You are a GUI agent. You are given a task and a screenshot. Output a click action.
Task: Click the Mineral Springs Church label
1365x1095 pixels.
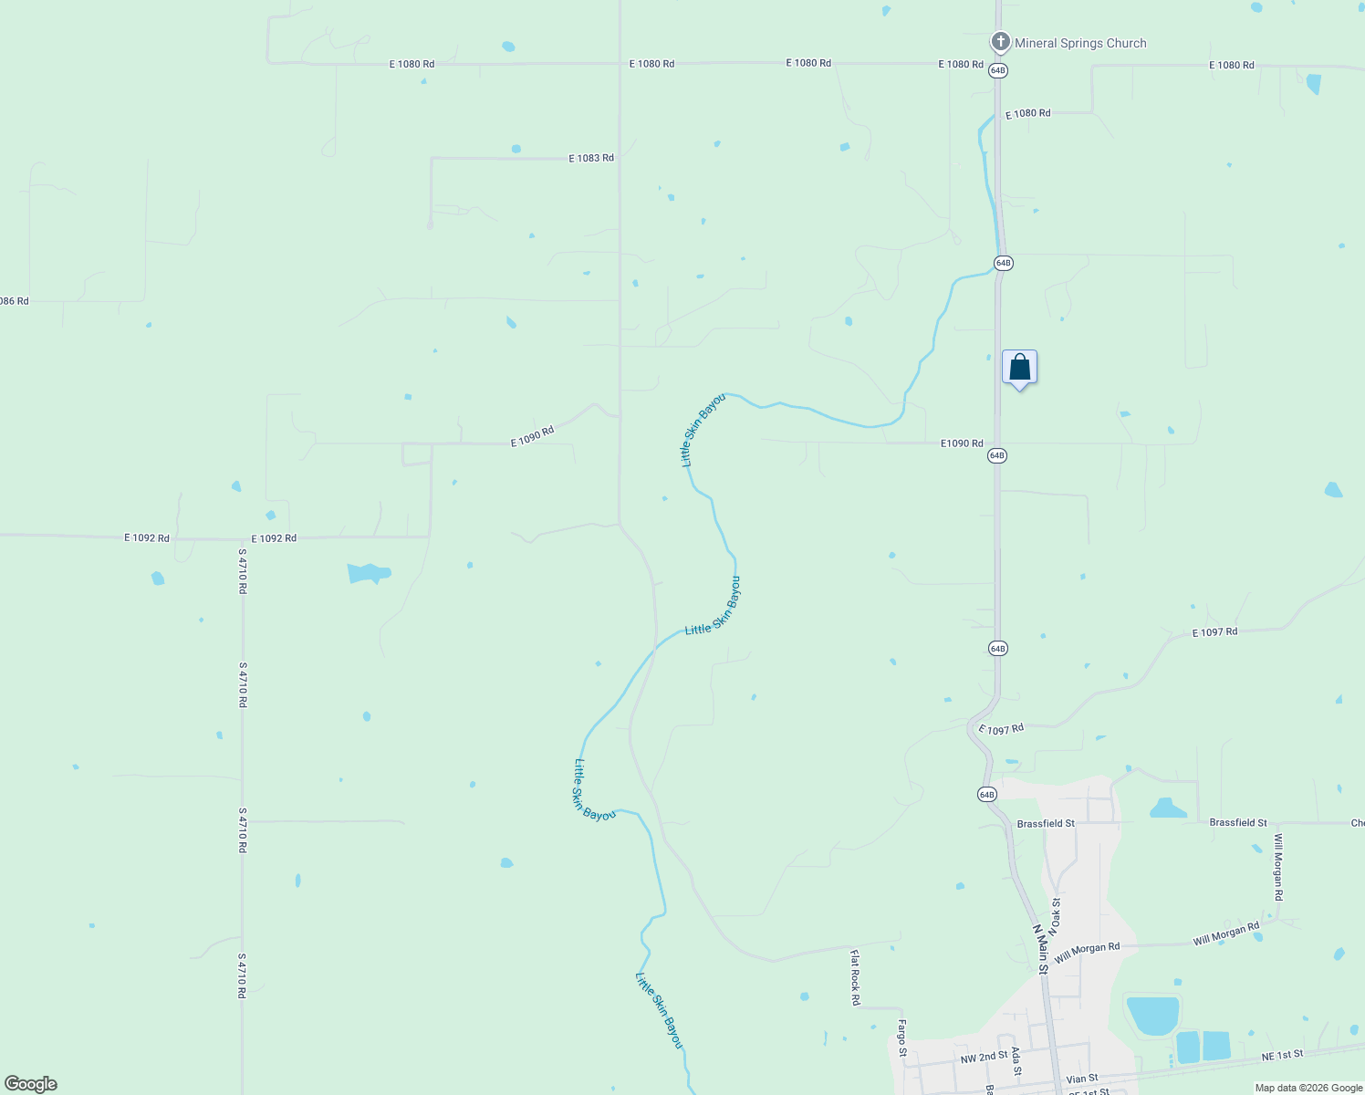pyautogui.click(x=1080, y=43)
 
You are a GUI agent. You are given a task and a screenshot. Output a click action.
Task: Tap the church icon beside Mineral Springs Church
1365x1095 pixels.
pyautogui.click(x=1000, y=42)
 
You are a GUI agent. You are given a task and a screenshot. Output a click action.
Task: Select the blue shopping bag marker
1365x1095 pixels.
pyautogui.click(x=1019, y=368)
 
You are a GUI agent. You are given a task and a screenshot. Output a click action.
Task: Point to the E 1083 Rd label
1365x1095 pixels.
pyautogui.click(x=591, y=158)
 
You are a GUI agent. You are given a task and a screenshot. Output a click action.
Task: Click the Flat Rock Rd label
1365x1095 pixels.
pyautogui.click(x=855, y=977)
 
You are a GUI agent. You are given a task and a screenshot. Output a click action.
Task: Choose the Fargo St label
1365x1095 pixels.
pyautogui.click(x=902, y=1038)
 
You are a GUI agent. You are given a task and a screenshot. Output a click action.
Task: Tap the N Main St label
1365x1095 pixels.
pyautogui.click(x=1040, y=949)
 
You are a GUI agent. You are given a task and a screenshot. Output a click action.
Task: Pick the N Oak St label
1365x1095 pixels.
pyautogui.click(x=1055, y=916)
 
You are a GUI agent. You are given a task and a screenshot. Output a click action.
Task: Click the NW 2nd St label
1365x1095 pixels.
pyautogui.click(x=984, y=1057)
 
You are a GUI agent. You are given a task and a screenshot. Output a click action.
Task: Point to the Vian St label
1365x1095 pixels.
pyautogui.click(x=1082, y=1079)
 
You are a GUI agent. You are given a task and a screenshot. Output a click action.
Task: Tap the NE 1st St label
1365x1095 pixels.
pyautogui.click(x=1283, y=1055)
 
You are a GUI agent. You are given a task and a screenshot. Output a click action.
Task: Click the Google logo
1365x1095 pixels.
pyautogui.click(x=30, y=1084)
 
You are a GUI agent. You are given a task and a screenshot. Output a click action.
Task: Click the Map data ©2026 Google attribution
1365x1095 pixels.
pyautogui.click(x=1308, y=1088)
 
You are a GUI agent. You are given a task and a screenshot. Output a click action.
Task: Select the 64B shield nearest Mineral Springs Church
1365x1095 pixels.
pyautogui.click(x=997, y=70)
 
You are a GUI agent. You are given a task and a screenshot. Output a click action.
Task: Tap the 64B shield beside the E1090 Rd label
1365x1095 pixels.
pyautogui.click(x=997, y=455)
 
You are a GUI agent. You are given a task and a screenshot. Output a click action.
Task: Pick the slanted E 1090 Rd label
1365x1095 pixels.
pyautogui.click(x=532, y=436)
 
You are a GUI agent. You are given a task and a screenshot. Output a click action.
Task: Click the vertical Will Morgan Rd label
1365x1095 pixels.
pyautogui.click(x=1278, y=867)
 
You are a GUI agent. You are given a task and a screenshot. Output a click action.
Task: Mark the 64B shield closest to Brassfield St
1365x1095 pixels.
pyautogui.click(x=986, y=795)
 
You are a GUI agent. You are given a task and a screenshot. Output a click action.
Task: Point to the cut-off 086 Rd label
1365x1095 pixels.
pyautogui.click(x=15, y=301)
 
